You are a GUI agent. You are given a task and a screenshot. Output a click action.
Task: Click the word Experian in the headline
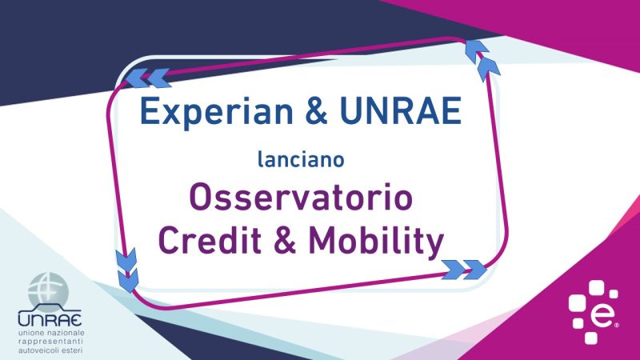(x=216, y=112)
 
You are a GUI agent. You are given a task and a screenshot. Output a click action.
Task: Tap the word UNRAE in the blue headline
(x=401, y=110)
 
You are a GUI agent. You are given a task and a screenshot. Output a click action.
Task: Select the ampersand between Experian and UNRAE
(x=316, y=110)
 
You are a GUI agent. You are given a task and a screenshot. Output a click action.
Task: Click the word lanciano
(x=302, y=159)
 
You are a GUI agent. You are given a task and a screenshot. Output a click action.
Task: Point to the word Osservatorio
(x=302, y=198)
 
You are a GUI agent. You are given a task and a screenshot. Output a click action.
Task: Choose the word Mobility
(x=376, y=242)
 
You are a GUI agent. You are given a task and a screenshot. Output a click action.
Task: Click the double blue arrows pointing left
(x=148, y=78)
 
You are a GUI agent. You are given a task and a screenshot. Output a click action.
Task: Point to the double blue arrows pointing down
(x=127, y=270)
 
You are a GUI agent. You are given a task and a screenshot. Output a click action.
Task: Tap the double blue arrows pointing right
(x=465, y=270)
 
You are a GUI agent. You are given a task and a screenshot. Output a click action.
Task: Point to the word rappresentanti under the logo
(x=50, y=342)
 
